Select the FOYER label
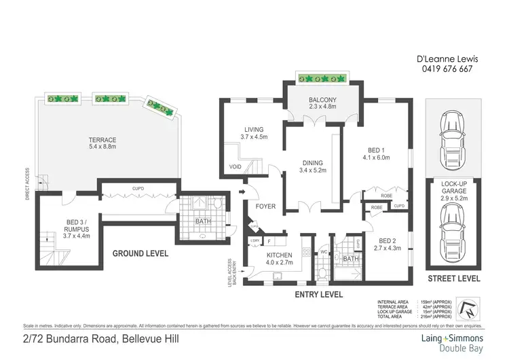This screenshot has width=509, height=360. (265, 206)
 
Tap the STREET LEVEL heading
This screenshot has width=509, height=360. (454, 278)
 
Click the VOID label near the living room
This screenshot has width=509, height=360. (235, 166)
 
